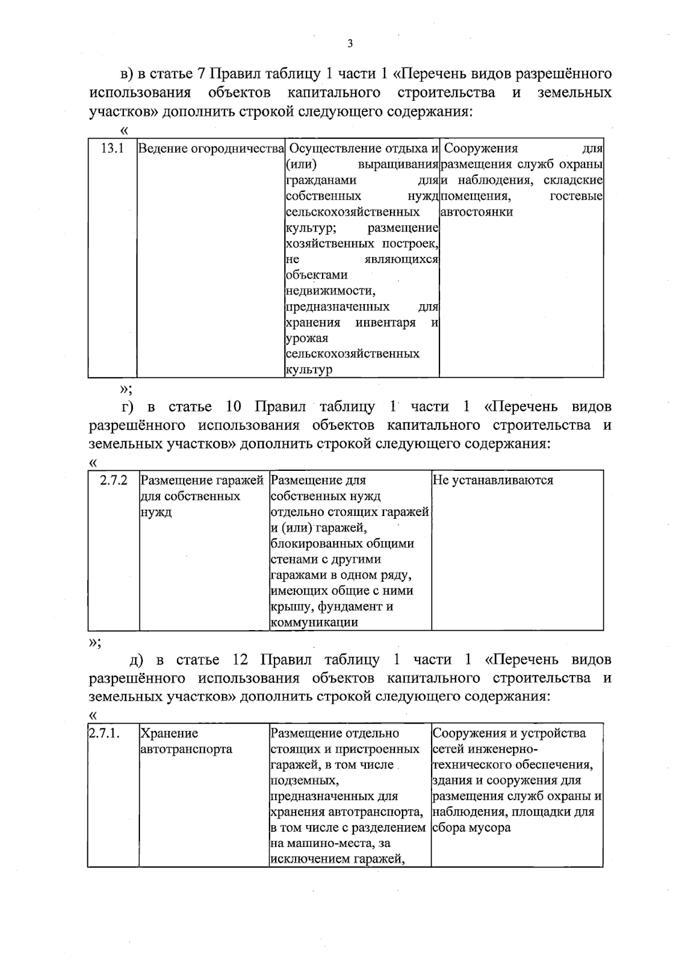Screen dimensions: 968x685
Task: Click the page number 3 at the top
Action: pyautogui.click(x=350, y=44)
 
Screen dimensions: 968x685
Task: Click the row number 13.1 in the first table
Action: pyautogui.click(x=112, y=149)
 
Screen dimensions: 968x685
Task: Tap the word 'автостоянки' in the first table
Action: pyautogui.click(x=477, y=212)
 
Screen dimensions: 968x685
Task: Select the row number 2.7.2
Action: pyautogui.click(x=114, y=481)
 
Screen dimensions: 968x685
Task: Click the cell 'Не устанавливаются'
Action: pyautogui.click(x=493, y=481)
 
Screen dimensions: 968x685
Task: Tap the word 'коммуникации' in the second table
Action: pyautogui.click(x=315, y=623)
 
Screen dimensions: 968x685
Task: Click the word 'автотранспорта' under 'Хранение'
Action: pyautogui.click(x=186, y=749)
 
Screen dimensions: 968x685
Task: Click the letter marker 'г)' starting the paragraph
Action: pyautogui.click(x=127, y=407)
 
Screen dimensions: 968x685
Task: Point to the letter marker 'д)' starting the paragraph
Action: pyautogui.click(x=136, y=660)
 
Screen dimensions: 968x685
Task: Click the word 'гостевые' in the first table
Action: pyautogui.click(x=576, y=197)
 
